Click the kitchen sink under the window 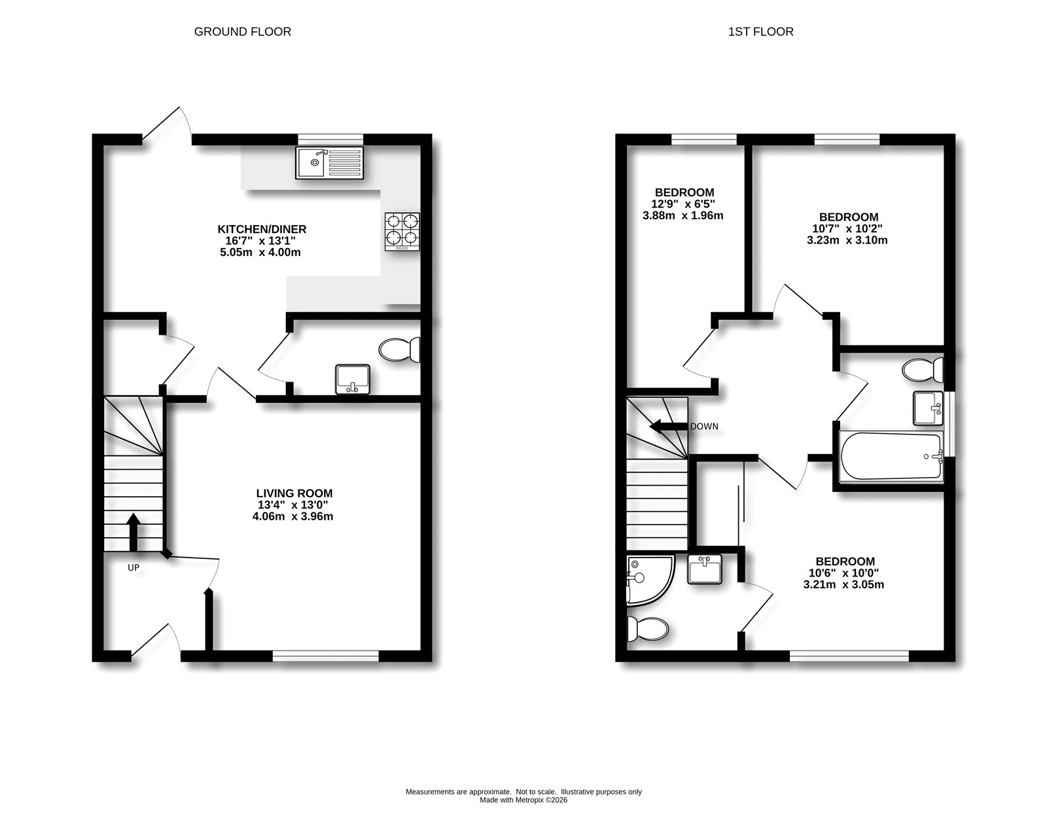[328, 163]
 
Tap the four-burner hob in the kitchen [402, 230]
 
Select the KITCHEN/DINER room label [262, 229]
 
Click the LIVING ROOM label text [294, 493]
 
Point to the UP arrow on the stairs [133, 531]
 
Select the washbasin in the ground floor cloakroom [353, 380]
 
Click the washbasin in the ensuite [705, 569]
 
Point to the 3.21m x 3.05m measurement [843, 584]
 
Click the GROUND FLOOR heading [242, 31]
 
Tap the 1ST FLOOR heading [760, 31]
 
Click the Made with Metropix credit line [523, 800]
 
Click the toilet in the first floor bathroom [923, 370]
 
